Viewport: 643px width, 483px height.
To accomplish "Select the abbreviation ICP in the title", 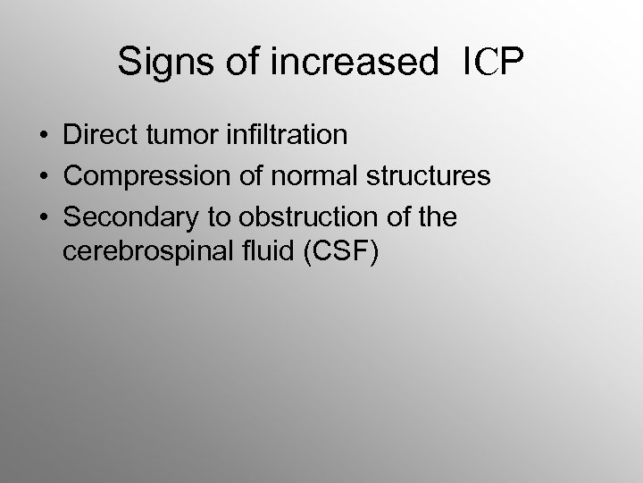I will [493, 63].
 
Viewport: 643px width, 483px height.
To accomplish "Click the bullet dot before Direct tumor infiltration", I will [44, 137].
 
